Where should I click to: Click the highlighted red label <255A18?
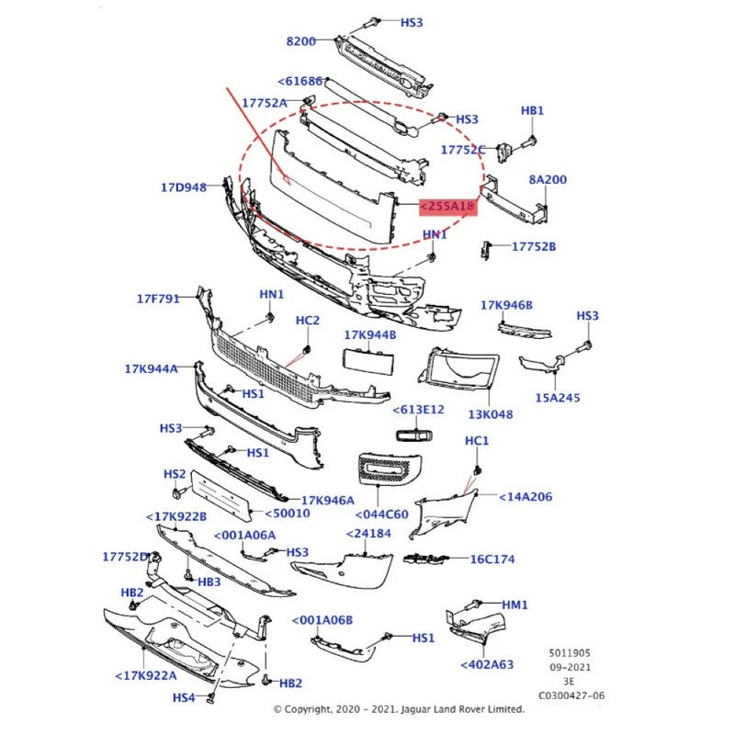(448, 207)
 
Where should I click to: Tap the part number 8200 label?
(300, 41)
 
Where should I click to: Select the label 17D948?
(184, 188)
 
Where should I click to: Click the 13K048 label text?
(491, 414)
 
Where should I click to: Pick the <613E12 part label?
(418, 410)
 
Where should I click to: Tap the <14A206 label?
(526, 497)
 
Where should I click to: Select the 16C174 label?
(492, 559)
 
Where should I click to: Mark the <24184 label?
(368, 533)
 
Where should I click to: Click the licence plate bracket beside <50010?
(220, 496)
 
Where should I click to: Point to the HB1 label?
(533, 111)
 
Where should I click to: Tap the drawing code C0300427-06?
(571, 696)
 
